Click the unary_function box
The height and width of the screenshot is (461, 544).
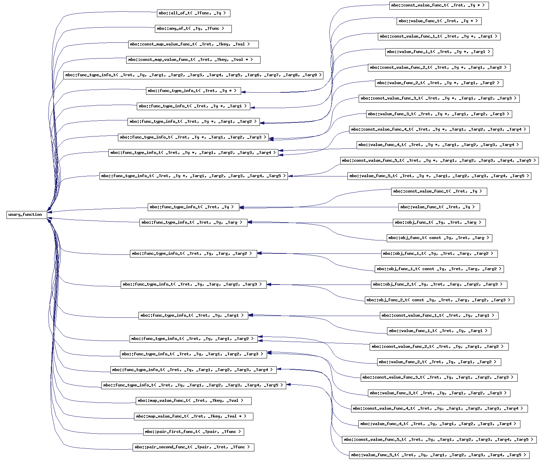point(26,215)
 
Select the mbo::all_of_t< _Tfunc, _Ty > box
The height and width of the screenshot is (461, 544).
point(193,13)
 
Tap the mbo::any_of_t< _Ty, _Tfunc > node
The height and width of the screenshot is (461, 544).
point(193,29)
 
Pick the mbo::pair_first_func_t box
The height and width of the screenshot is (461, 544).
point(194,432)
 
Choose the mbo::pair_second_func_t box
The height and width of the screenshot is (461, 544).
point(193,447)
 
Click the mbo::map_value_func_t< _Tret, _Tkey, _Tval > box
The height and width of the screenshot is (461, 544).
point(194,400)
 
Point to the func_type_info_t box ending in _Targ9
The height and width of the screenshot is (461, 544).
point(193,75)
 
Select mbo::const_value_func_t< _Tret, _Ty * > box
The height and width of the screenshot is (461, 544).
point(439,5)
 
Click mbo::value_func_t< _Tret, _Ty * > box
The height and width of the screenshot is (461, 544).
point(439,21)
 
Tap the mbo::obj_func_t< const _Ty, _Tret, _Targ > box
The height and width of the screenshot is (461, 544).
point(439,238)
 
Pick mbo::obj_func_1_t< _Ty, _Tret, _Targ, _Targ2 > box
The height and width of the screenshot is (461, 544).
point(439,253)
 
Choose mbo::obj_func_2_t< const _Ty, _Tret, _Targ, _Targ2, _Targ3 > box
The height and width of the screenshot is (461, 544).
point(439,300)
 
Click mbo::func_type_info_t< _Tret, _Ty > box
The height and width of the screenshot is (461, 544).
point(193,207)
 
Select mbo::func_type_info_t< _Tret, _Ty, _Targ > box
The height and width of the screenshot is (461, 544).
point(193,222)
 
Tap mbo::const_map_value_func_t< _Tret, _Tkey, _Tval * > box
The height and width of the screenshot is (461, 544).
point(193,60)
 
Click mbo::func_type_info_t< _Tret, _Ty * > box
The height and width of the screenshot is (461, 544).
point(193,91)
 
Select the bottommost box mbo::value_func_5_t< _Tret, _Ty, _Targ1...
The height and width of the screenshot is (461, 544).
point(439,455)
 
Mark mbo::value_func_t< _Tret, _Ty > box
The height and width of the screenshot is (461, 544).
point(439,207)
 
